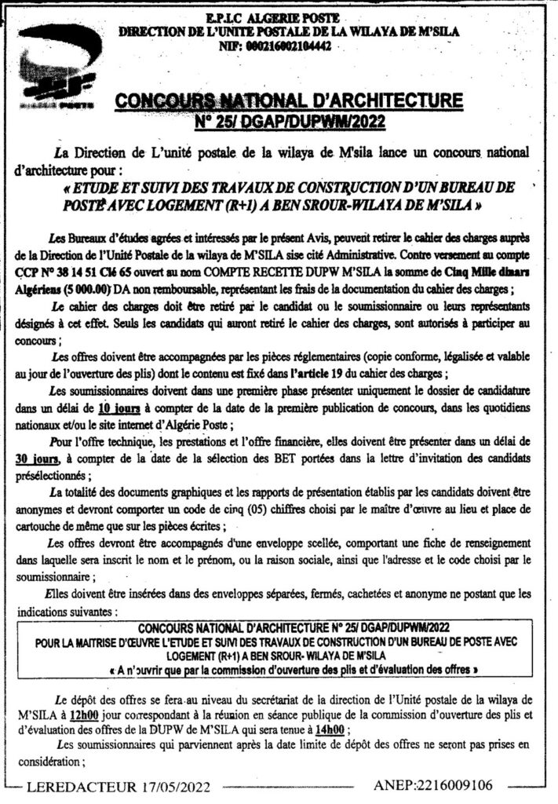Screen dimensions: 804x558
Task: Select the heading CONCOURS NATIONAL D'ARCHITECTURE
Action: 289,101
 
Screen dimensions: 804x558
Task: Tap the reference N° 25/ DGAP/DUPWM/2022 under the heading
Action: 289,122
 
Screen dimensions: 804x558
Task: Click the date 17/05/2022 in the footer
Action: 163,784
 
